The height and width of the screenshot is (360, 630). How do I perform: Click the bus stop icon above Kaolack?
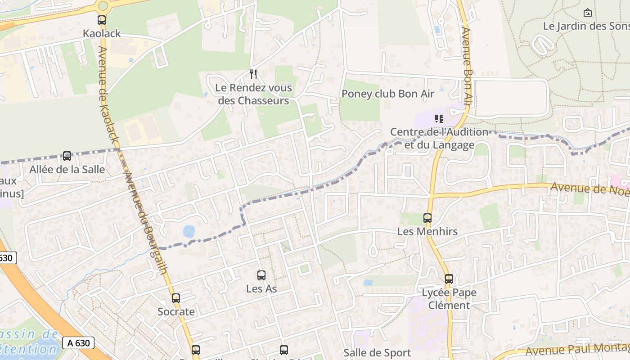(102, 20)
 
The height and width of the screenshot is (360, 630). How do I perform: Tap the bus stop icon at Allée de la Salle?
(67, 156)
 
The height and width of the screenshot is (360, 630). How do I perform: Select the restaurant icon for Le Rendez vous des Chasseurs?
(253, 74)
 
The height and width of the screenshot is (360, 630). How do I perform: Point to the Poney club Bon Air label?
(388, 94)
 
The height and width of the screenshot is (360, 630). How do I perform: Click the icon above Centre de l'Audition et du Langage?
(439, 119)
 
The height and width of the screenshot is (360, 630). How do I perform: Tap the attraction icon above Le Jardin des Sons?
(587, 13)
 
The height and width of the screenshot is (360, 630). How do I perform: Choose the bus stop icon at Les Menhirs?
(427, 218)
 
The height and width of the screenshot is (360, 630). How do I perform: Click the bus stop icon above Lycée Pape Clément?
(449, 279)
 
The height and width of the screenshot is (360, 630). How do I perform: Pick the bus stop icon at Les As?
(261, 275)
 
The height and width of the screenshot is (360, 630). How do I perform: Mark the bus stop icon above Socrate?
(176, 298)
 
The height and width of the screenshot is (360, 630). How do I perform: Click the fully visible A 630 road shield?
(78, 343)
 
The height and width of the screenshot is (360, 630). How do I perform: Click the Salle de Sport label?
(377, 353)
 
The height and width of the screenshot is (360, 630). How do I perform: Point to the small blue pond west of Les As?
(189, 232)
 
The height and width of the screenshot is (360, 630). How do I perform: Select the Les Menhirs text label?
(427, 232)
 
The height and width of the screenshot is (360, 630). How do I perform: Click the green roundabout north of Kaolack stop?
(103, 6)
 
